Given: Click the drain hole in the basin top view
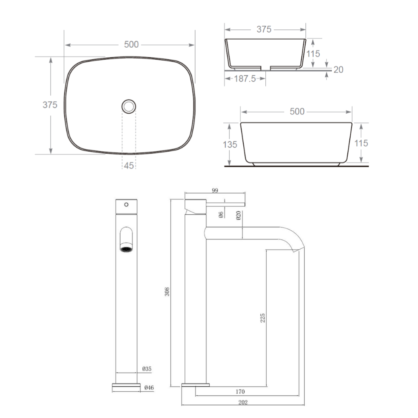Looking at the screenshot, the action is click(129, 106).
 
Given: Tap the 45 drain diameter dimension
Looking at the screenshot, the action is click(129, 166).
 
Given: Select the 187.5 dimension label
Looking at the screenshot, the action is click(245, 79).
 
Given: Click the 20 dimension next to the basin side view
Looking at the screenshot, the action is click(338, 69).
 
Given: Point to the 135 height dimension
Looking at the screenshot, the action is click(230, 145).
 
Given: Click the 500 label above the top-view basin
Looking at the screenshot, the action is click(131, 45).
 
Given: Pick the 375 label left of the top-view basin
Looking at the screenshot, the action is click(50, 105).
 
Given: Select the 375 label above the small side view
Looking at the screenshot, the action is click(264, 29).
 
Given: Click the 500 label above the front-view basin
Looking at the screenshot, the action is click(297, 112).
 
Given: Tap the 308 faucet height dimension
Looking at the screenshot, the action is click(167, 292).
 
